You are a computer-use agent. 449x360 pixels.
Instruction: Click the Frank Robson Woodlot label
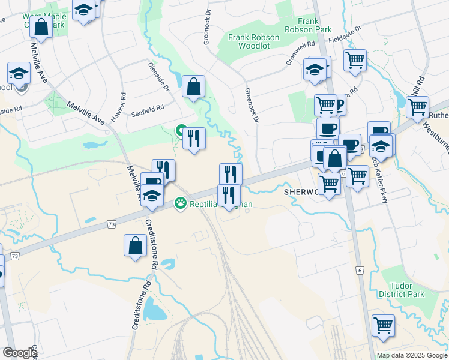click(x=254, y=42)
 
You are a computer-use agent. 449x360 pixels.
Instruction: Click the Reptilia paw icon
click(x=179, y=203)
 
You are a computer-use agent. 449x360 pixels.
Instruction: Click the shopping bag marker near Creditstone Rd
click(x=136, y=245)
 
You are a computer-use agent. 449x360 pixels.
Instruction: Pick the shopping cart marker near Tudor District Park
click(x=383, y=325)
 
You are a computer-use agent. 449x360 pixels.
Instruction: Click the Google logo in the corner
click(x=19, y=353)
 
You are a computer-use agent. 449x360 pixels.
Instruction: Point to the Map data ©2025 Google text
click(x=412, y=355)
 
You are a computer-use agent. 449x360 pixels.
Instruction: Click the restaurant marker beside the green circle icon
click(x=194, y=139)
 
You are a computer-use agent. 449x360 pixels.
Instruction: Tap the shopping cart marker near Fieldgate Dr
click(x=355, y=60)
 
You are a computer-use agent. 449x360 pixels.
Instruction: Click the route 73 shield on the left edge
click(x=14, y=256)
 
